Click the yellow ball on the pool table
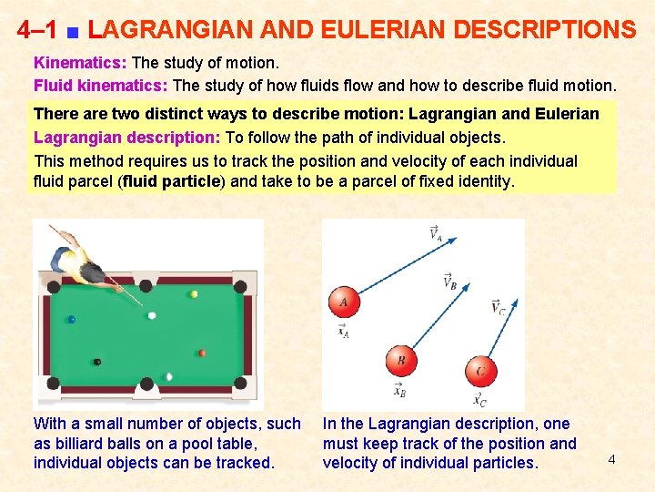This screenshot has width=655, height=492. point(194,294)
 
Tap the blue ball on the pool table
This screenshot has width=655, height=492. point(72,320)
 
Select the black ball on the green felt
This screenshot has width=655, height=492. point(97,362)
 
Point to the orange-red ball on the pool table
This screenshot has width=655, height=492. point(202,353)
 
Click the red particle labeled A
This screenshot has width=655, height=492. point(344,302)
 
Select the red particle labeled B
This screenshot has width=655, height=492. point(401,361)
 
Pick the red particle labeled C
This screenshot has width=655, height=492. point(481,372)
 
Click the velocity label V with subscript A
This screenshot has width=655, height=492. point(437,233)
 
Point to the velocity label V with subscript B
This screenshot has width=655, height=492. point(449,283)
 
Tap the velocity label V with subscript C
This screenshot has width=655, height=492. point(498,308)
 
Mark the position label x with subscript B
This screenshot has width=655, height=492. point(399,391)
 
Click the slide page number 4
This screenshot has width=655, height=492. point(611,459)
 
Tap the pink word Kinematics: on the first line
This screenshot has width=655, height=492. point(80,65)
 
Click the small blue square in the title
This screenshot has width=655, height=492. point(72,33)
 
